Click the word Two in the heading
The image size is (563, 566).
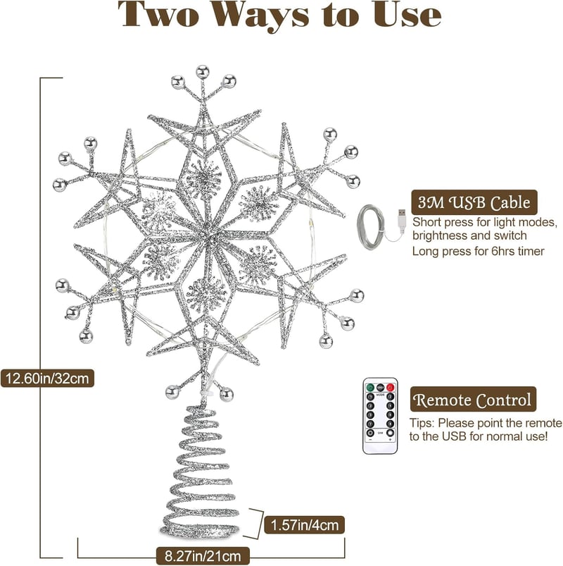[x=158, y=14]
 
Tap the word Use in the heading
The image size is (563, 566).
[x=407, y=14]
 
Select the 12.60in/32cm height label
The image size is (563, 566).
[x=47, y=379]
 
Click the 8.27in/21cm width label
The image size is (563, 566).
[x=203, y=556]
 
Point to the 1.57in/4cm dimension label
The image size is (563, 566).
[x=305, y=525]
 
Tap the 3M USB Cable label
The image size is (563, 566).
[x=474, y=202]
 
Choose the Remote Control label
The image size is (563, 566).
[x=473, y=400]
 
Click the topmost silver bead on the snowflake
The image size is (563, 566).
[x=203, y=72]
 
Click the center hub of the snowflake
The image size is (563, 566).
[x=209, y=236]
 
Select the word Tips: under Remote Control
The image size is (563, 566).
[x=422, y=423]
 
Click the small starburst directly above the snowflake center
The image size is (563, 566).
[x=203, y=178]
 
